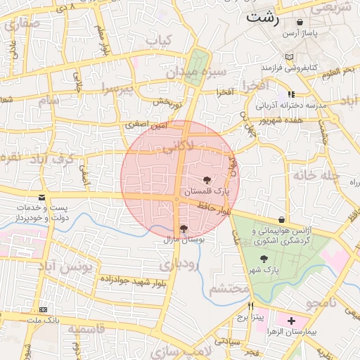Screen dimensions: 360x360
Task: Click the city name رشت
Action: click(262, 18)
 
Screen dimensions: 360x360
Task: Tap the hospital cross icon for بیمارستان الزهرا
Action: click(292, 320)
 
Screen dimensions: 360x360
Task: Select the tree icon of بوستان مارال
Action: click(184, 229)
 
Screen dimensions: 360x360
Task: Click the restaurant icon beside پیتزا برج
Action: click(250, 307)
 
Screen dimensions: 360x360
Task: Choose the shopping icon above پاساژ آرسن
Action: click(300, 22)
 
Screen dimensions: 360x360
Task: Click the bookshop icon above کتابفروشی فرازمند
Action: click(289, 57)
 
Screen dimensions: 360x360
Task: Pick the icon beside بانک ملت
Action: click(44, 309)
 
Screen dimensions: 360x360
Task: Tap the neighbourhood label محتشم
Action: click(229, 289)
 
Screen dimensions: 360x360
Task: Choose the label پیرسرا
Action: click(115, 89)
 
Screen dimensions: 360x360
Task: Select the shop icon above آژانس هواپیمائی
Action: click(281, 219)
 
